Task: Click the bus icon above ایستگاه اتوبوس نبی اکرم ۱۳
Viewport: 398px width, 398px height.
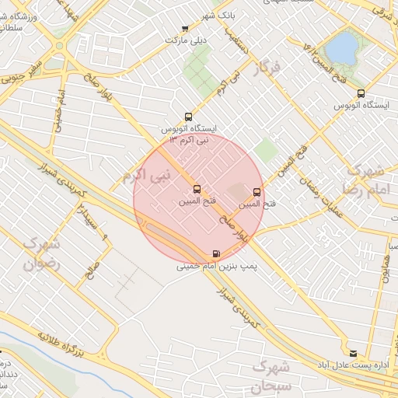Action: [188, 117]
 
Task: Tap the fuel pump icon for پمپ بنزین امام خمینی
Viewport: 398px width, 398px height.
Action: [215, 254]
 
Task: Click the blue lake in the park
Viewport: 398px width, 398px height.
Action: [340, 48]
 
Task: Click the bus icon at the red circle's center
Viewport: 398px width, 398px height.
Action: [196, 189]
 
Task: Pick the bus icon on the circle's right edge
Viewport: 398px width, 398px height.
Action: [257, 192]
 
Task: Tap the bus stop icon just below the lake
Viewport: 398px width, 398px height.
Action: [360, 93]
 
